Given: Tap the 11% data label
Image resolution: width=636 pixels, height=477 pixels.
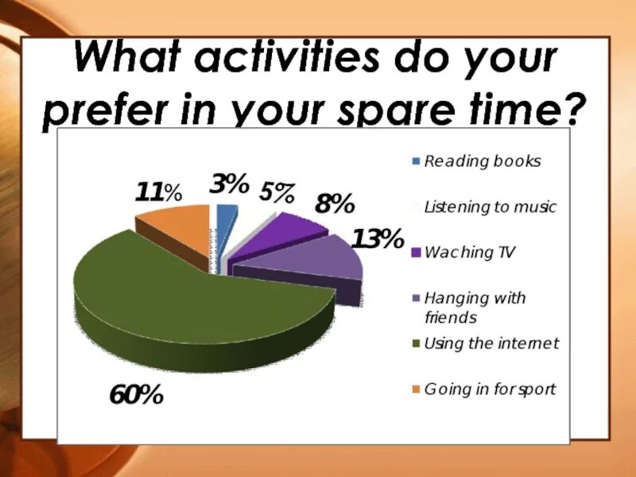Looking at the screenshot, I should pos(158,192).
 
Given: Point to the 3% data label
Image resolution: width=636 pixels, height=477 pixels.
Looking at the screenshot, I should pos(229,185).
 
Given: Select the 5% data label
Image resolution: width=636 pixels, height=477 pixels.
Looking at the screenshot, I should pos(277,192).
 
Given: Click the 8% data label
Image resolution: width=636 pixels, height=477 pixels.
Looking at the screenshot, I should pos(334,204).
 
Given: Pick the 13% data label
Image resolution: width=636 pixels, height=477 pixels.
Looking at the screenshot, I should pos(378,238).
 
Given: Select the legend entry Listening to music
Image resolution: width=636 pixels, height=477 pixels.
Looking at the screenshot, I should pos(490,207).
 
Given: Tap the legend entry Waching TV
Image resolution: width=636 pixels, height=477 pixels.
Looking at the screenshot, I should pos(470,254).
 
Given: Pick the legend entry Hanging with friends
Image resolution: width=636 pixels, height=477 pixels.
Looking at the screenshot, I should pos(475,308).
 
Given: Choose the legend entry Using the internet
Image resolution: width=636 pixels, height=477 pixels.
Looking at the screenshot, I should pos(491,343).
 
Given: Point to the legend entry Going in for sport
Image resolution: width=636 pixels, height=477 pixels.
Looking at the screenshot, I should pos(490,390).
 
